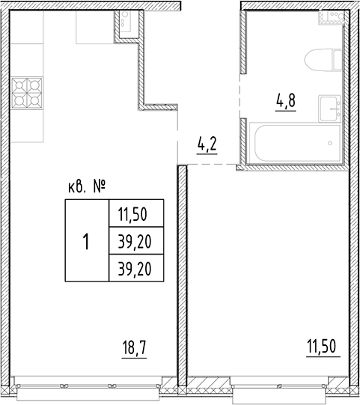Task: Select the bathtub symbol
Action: coord(294,143)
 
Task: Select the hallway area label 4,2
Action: coord(207,142)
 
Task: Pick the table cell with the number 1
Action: coord(87,242)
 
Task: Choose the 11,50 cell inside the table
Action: coord(135,215)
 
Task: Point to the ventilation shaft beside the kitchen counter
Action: coord(125,24)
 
